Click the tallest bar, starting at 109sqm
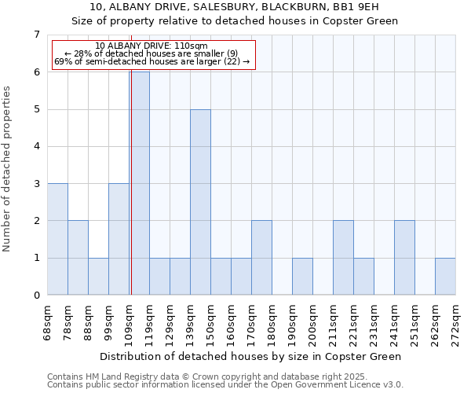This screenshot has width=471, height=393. point(140,183)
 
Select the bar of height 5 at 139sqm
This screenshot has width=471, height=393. point(200,202)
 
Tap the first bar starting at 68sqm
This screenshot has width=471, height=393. point(57,239)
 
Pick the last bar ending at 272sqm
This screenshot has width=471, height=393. point(445,276)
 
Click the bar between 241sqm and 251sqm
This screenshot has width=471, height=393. point(404,258)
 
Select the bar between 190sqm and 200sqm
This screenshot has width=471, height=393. point(302,276)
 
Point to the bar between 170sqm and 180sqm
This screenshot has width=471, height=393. point(261,258)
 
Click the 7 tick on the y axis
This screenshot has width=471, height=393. point(36,35)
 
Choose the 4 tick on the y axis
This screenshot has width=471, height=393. point(36,146)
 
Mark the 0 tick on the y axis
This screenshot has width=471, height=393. point(36,296)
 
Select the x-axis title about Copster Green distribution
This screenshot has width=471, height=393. point(251,356)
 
